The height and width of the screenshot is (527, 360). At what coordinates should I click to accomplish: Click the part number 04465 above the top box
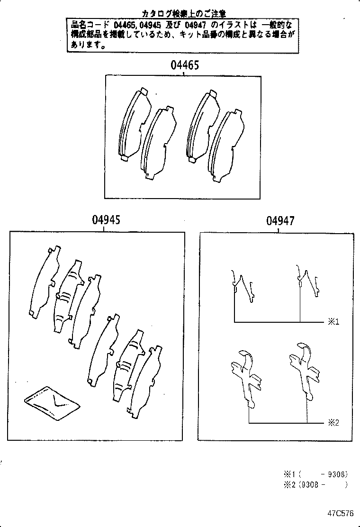click(x=185, y=65)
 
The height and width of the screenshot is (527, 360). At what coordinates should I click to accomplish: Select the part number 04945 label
click(x=106, y=220)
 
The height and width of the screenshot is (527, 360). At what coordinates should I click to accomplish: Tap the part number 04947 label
click(x=280, y=221)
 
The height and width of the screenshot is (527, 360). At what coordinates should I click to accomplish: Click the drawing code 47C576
click(x=339, y=513)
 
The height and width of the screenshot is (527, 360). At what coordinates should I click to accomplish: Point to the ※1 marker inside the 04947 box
click(x=333, y=322)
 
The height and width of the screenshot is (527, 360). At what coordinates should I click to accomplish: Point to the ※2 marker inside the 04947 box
click(x=333, y=422)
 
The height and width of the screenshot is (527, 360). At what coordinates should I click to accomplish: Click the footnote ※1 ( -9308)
click(x=316, y=473)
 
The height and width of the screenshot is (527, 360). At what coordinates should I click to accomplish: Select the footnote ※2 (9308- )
click(x=316, y=484)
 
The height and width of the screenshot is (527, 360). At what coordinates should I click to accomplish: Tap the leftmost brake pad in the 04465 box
click(x=132, y=124)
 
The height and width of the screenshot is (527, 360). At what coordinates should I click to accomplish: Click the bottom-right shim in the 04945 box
click(x=145, y=382)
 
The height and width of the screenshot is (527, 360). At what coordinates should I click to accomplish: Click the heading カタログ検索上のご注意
click(x=184, y=13)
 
